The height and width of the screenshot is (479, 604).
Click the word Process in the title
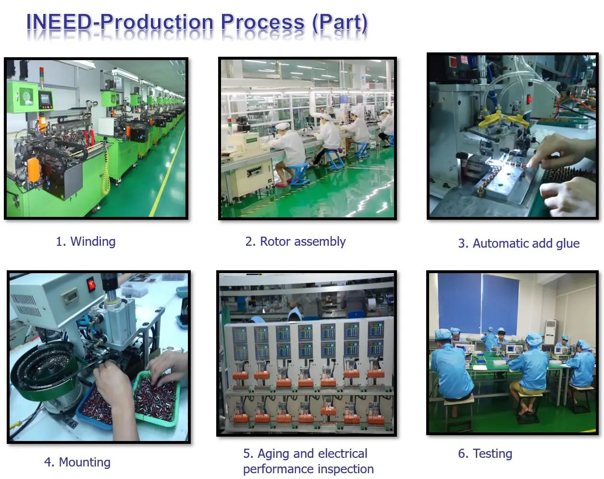[262, 22]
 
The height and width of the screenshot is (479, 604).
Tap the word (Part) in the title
[340, 22]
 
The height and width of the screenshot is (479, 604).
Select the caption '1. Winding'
[86, 241]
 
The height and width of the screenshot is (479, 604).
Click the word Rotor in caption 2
[274, 241]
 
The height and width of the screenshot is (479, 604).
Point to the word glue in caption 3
[567, 243]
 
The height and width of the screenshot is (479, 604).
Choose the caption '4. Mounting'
[77, 462]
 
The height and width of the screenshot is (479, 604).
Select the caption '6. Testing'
[485, 454]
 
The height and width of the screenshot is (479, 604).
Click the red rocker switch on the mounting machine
[91, 285]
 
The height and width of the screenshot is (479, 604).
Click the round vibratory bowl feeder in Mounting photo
[43, 370]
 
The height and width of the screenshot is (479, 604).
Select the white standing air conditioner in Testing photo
[550, 332]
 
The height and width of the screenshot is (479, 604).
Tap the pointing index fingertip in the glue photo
[529, 164]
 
